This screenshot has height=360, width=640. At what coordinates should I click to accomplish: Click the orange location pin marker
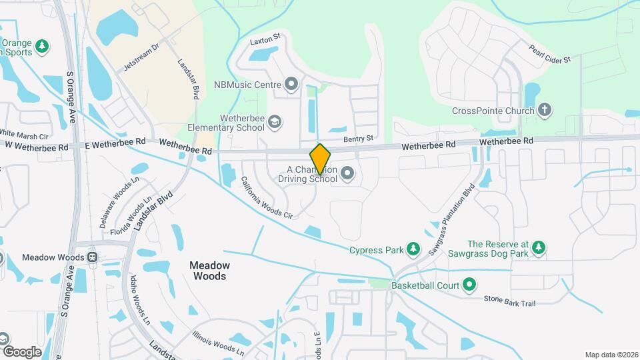coord(321,159)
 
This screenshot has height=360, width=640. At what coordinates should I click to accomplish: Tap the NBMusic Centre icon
coord(291,85)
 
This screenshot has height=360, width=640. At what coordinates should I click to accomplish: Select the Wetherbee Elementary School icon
coord(275,121)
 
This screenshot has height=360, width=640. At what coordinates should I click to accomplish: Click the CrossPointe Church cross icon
coord(545,110)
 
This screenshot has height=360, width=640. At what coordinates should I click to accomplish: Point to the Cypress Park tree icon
coord(414,250)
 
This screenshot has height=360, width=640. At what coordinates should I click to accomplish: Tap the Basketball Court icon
coord(469,285)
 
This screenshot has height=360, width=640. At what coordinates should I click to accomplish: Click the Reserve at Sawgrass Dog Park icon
coord(539,249)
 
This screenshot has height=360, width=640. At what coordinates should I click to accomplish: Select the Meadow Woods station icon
coord(93,257)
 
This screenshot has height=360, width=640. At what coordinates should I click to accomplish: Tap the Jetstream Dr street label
coord(142,58)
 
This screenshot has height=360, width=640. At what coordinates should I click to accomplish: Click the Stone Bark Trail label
coord(509,303)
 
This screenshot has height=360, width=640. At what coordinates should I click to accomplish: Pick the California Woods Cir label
coord(267,198)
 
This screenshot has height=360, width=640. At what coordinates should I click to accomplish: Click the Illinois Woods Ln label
coord(218,343)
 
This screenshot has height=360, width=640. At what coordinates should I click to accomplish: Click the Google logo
coord(22,351)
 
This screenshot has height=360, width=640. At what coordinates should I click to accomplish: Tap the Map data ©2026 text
coord(611,354)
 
